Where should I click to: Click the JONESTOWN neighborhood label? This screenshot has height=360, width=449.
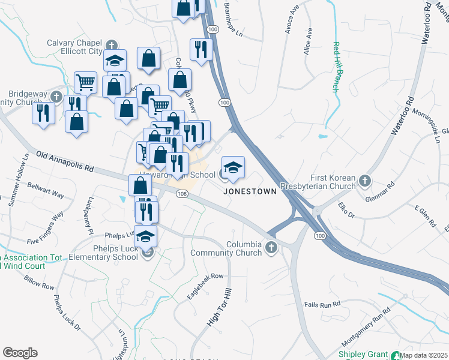[250, 191]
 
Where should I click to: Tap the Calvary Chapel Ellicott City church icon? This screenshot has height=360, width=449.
[112, 45]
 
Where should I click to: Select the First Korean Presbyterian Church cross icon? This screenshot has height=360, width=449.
[364, 180]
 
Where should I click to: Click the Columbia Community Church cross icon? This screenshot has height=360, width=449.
[271, 247]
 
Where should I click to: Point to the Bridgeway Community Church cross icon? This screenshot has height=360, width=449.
[56, 96]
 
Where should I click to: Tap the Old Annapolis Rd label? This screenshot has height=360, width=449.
[65, 162]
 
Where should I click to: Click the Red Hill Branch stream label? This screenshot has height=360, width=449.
[337, 67]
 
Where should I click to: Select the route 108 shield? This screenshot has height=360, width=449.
[182, 194]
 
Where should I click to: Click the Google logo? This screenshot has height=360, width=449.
[20, 353]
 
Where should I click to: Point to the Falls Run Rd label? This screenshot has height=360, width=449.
[322, 305]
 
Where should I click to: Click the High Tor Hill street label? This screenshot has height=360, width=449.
[219, 307]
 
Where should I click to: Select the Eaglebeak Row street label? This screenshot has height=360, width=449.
[205, 286]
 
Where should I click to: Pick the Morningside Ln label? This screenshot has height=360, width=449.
[433, 119]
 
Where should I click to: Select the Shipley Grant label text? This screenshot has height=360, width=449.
[364, 354]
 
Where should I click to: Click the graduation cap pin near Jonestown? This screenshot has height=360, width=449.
[234, 166]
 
